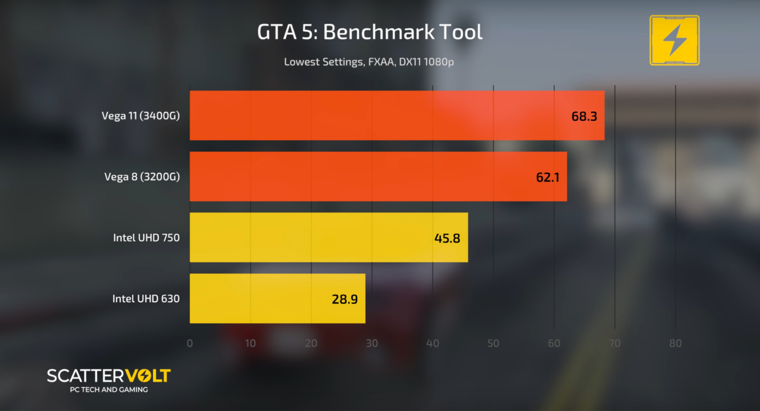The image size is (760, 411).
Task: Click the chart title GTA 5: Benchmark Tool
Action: pos(370,33)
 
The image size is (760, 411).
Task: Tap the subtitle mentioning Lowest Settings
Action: pos(369,62)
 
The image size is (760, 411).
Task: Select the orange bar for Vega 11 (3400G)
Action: pos(376,115)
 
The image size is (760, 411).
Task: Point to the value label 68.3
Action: pos(584,116)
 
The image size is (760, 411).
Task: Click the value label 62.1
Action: pos(547,177)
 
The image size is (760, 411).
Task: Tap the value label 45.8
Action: pos(447,238)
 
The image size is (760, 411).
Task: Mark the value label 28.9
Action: pos(344,299)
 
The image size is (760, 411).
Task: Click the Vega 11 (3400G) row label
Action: pos(141,116)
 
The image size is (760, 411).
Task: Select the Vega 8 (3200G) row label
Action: pos(142,177)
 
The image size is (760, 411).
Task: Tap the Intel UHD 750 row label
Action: pos(146,238)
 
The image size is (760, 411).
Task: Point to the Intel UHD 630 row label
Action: pos(145,299)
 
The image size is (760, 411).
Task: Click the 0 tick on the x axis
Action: pos(190,343)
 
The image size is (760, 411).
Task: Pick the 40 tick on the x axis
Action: pos(432,343)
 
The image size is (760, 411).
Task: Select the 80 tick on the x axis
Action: pos(675,343)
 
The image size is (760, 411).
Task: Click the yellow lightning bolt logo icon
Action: pos(674,40)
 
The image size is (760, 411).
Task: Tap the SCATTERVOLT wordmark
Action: pos(109,376)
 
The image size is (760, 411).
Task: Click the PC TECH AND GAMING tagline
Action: pos(109,390)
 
